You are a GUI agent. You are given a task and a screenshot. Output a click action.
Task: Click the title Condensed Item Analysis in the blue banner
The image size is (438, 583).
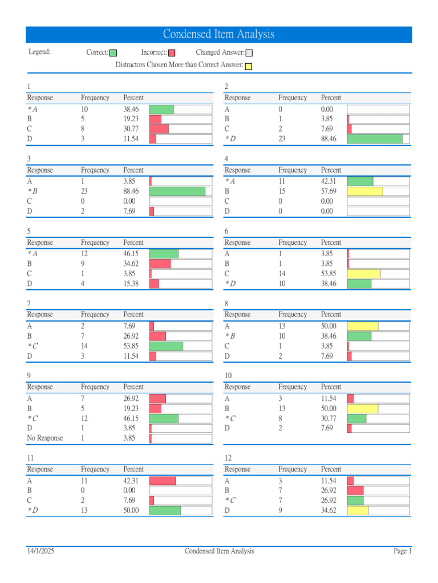pos(218,35)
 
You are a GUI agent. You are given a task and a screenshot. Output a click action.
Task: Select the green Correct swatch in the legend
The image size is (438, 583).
pos(113,53)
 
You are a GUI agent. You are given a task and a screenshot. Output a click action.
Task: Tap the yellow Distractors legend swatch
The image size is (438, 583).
pos(249,66)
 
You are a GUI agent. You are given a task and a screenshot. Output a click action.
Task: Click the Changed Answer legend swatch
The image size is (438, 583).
pos(249,53)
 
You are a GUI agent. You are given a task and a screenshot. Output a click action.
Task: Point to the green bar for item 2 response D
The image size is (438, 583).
pos(375,139)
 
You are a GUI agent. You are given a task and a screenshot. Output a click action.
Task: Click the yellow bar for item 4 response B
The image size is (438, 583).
pos(364,191)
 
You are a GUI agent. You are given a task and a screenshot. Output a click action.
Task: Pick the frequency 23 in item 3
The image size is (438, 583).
pos(84,191)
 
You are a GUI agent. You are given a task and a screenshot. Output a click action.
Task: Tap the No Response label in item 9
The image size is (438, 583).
pos(45,438)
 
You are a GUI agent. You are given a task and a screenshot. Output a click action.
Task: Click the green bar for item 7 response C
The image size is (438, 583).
pos(166,346)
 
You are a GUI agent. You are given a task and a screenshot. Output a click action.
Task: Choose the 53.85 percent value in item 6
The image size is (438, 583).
pos(328,274)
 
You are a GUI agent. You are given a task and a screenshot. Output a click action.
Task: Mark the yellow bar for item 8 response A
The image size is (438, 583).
pos(362,326)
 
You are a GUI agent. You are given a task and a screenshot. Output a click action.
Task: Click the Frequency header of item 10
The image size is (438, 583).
pos(293,387)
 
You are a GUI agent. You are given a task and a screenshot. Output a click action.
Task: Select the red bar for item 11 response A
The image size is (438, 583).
pos(163,481)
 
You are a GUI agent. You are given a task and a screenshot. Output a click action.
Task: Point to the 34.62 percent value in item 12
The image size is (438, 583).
pos(328,511)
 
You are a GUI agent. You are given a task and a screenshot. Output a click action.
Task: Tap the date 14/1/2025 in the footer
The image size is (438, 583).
pos(40,551)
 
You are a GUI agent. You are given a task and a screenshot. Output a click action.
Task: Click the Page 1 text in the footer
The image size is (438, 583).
pos(402,551)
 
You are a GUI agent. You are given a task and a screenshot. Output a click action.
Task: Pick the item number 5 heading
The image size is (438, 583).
pos(29,231)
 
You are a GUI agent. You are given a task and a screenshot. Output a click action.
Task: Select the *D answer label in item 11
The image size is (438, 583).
pos(33,511)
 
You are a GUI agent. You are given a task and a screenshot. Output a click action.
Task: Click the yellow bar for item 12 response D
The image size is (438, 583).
pos(358,511)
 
